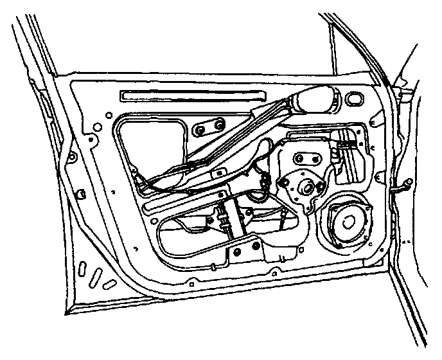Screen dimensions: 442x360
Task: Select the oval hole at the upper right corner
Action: pyautogui.click(x=353, y=100)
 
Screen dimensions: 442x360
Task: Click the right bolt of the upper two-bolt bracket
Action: pyautogui.click(x=220, y=123)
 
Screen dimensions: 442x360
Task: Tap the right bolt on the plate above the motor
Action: pyautogui.click(x=316, y=157)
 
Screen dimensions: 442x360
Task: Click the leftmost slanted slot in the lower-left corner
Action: pyautogui.click(x=84, y=268)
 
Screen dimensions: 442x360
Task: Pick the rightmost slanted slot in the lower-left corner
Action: pyautogui.click(x=111, y=283)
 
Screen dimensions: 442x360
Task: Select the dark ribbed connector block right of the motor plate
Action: pyautogui.click(x=350, y=148)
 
